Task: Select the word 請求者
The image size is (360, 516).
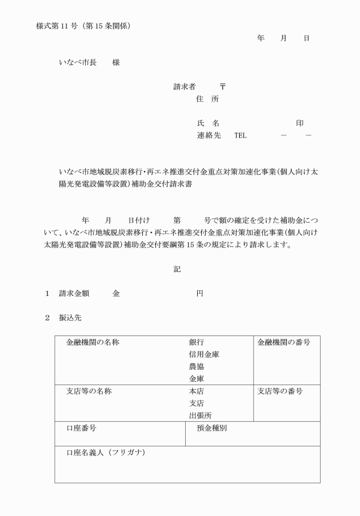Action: (185, 87)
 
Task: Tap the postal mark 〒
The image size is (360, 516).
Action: (223, 87)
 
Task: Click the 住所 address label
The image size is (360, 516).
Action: (207, 99)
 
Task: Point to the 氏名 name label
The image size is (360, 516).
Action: (207, 123)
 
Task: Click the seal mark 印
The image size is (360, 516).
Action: (299, 123)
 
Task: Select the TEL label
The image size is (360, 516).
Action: (240, 135)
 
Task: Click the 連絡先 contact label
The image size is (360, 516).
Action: (208, 135)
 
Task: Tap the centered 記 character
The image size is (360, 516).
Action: (177, 269)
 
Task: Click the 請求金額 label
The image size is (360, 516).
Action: (75, 293)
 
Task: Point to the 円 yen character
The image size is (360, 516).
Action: (199, 293)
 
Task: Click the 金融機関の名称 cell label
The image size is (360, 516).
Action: (93, 342)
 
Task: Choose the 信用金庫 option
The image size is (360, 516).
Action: (204, 354)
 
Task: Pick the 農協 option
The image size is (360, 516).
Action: (197, 366)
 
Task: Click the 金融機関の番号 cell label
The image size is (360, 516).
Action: (283, 342)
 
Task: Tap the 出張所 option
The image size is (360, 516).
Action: (200, 415)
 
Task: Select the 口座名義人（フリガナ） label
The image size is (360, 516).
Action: (106, 453)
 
